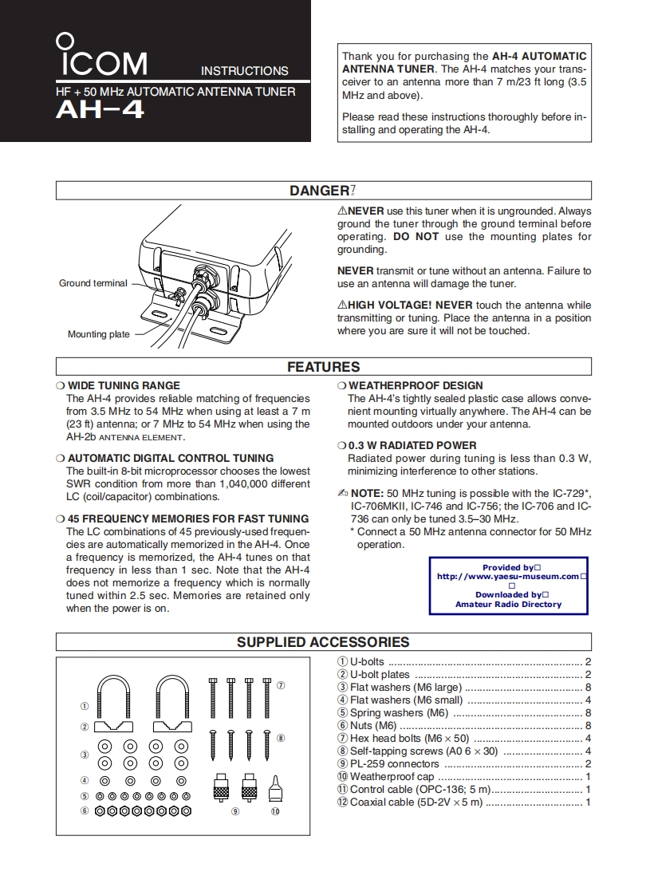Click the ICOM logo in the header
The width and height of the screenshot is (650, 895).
(101, 57)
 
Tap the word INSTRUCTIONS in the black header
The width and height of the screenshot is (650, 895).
(244, 71)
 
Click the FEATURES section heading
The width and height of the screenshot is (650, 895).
(323, 367)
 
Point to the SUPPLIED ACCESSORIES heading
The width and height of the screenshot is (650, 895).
(323, 642)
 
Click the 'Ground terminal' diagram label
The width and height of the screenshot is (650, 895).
(93, 283)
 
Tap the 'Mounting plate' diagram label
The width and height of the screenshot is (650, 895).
(98, 334)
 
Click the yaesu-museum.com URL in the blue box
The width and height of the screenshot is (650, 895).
(507, 576)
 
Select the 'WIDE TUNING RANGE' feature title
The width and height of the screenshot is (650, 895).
(124, 385)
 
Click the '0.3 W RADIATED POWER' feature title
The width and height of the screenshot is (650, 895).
(412, 445)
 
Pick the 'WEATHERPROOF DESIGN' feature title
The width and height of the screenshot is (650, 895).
(416, 385)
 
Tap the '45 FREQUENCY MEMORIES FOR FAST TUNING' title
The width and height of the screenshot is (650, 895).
(187, 518)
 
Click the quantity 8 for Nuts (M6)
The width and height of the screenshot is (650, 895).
(588, 726)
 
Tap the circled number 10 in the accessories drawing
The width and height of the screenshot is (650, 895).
(274, 811)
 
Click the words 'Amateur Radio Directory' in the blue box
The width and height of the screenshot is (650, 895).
(508, 605)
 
